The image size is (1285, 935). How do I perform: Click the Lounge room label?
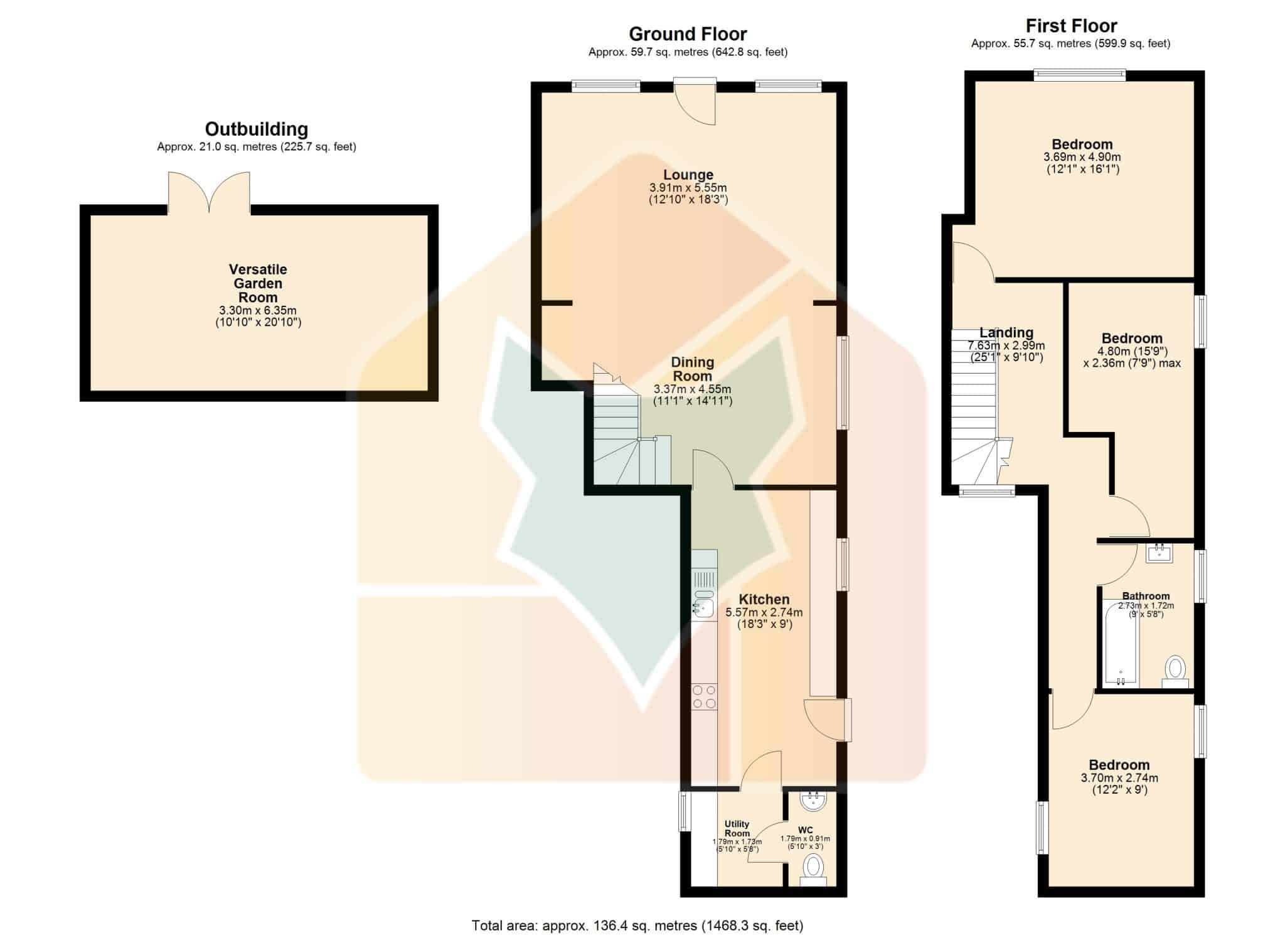[x=688, y=175]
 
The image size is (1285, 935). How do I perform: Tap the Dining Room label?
[x=693, y=369]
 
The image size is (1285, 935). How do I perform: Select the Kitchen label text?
[x=764, y=600]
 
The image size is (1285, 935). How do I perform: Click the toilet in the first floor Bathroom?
[x=1175, y=671]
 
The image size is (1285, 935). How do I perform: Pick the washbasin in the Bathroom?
[x=1160, y=553]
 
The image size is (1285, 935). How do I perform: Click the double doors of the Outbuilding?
[x=209, y=193]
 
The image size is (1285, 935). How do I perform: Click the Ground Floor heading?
[x=688, y=34]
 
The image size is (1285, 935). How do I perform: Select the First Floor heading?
[x=1071, y=26]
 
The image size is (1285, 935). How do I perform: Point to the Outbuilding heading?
[x=257, y=129]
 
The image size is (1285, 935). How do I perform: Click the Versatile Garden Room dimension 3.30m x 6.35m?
[x=258, y=310]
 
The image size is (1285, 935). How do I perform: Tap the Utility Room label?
[x=737, y=829]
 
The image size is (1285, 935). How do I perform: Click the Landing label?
[x=1006, y=333]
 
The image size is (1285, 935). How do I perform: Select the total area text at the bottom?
[x=637, y=925]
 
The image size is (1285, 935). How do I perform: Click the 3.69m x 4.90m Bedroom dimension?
[x=1082, y=157]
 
